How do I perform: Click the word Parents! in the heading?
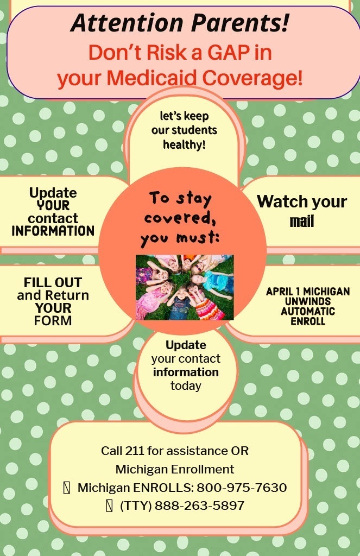241,23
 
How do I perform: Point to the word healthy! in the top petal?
184,144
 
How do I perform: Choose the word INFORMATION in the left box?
53,231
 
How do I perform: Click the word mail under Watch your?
302,222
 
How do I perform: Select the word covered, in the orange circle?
180,218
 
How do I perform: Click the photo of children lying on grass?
185,287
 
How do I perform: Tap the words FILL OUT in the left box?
53,282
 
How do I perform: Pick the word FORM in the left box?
53,320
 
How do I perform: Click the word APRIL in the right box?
280,292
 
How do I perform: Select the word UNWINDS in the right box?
308,301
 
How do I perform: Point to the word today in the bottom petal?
186,386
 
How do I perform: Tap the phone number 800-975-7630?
242,488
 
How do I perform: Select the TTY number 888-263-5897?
200,506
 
